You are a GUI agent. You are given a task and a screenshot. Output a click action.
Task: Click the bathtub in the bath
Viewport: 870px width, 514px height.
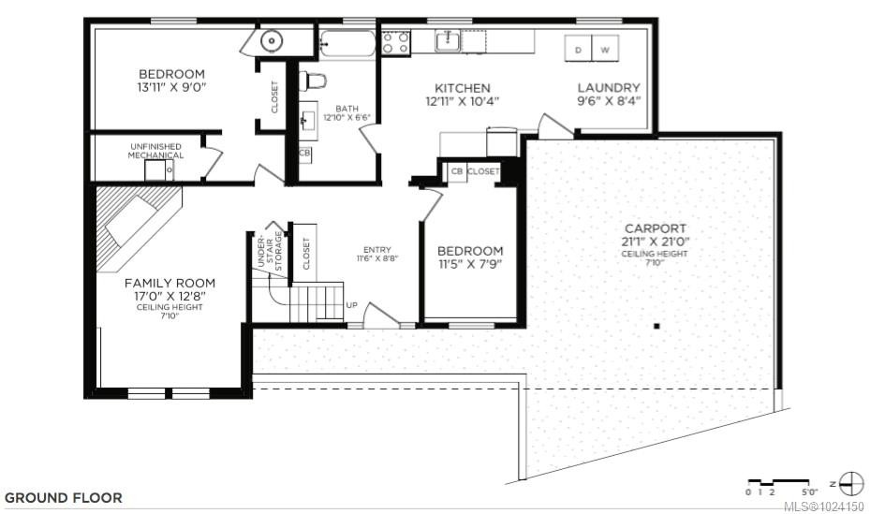(347, 45)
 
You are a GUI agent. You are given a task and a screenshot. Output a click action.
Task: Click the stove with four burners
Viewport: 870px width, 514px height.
(396, 43)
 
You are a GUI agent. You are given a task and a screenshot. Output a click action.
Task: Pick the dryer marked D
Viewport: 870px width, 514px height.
(579, 49)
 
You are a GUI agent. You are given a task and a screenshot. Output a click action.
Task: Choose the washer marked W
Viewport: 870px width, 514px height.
(604, 49)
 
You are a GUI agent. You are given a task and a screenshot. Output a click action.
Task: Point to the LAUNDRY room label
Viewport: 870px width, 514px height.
(608, 88)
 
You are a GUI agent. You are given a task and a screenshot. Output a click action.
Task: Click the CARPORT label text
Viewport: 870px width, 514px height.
(656, 228)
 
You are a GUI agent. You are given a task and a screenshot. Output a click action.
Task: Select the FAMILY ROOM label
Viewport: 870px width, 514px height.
(170, 283)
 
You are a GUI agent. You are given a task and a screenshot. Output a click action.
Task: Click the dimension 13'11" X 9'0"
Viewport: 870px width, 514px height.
(171, 88)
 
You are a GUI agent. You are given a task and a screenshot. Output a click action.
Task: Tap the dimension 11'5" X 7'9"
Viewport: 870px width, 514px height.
(470, 265)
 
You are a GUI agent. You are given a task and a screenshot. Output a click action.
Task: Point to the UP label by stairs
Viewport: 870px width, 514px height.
(352, 305)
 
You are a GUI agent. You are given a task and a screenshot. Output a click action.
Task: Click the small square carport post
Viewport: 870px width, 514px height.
(657, 326)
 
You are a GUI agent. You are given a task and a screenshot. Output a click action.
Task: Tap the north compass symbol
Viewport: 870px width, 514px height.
(850, 484)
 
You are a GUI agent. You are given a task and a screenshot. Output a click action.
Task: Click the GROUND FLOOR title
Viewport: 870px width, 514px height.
(64, 497)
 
